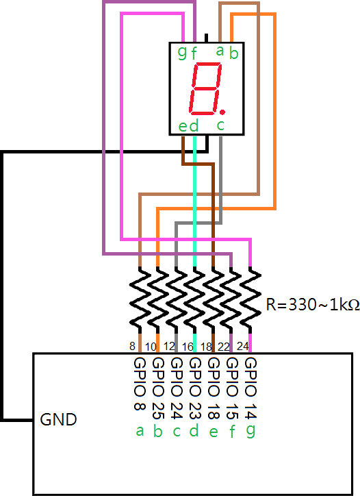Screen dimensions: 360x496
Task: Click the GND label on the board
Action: [x=58, y=420]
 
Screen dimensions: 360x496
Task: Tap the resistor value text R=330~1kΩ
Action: [x=313, y=305]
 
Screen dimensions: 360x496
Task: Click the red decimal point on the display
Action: [x=222, y=112]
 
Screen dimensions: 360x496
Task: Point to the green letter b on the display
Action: [x=233, y=53]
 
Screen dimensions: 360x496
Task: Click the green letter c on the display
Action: [x=220, y=125]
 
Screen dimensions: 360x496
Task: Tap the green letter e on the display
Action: [x=183, y=127]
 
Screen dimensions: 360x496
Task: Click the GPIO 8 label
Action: [x=140, y=384]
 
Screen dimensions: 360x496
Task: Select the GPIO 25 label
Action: [x=158, y=388]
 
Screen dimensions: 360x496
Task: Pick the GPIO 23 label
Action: [x=195, y=388]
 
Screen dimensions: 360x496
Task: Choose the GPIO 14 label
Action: [x=250, y=388]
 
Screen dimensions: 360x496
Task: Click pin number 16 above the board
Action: [x=188, y=347]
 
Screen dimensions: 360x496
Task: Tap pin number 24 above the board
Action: [x=242, y=347]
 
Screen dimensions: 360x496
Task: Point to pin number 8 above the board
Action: [x=132, y=347]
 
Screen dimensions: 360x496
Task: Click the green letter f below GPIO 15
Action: [x=232, y=431]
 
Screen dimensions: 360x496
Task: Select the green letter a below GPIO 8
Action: [x=140, y=431]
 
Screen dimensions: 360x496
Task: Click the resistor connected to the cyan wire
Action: [x=195, y=300]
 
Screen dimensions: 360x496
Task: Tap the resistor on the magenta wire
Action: [x=250, y=300]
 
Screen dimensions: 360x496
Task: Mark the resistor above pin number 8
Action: [x=140, y=300]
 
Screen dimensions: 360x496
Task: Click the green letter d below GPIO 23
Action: [x=195, y=430]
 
